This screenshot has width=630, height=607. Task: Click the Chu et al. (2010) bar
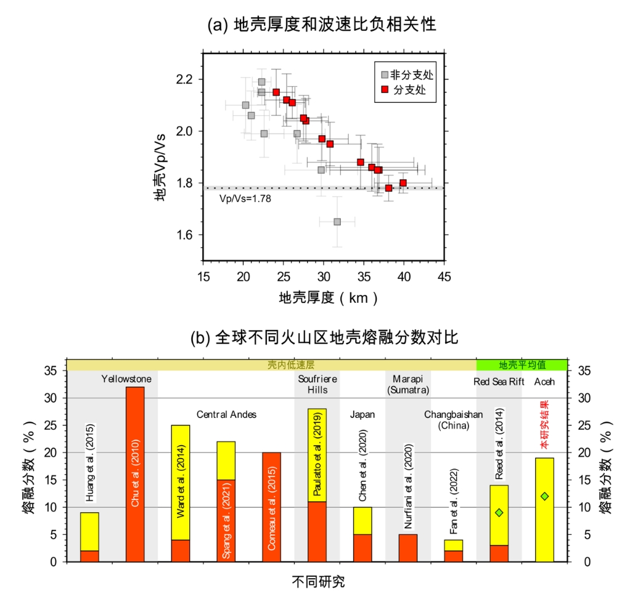(x=135, y=474)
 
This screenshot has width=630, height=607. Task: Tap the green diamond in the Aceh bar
(x=544, y=496)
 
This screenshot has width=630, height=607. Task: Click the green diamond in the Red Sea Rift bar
(x=499, y=512)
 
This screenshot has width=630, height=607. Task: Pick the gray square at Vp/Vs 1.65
(x=337, y=222)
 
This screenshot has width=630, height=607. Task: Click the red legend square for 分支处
(x=385, y=90)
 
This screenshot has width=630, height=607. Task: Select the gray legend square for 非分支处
(x=385, y=75)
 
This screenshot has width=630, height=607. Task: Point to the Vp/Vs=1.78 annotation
(x=245, y=198)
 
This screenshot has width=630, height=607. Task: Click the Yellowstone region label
(x=126, y=379)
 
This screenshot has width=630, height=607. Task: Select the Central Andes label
(x=226, y=414)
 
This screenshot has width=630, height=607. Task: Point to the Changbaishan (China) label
(x=453, y=419)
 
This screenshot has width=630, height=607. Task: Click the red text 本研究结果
(x=544, y=425)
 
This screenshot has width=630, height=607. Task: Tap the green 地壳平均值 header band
(x=522, y=364)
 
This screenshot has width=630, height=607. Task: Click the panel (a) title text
(x=322, y=25)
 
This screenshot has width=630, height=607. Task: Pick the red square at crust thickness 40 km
(x=403, y=183)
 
